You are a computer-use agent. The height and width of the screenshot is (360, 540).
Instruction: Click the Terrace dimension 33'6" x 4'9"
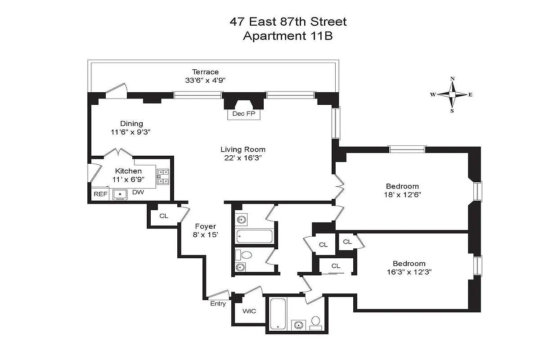(x=205, y=80)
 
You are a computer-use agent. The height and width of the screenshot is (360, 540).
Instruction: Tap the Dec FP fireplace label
(x=244, y=113)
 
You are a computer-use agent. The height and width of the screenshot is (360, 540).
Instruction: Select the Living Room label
(x=243, y=149)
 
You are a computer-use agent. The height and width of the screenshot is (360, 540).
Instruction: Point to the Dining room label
(x=131, y=124)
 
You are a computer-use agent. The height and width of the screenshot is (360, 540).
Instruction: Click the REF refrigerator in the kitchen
(x=100, y=194)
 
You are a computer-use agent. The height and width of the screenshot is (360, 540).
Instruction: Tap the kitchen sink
(x=120, y=194)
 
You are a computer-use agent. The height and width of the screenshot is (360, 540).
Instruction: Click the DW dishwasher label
(x=138, y=192)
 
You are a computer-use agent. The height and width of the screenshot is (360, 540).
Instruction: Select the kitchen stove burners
(x=163, y=177)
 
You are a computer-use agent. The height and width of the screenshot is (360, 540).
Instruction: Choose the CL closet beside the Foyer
(x=164, y=216)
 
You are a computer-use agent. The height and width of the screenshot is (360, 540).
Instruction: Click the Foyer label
(x=205, y=226)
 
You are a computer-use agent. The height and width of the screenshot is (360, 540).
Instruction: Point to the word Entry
(x=218, y=304)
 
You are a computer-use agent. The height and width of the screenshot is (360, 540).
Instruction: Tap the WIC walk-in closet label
(x=249, y=311)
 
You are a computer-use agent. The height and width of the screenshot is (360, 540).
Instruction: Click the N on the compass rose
(x=453, y=79)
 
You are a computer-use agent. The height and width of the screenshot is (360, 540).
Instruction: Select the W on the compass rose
(x=433, y=94)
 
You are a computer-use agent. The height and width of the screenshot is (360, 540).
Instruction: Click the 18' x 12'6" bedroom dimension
(x=402, y=194)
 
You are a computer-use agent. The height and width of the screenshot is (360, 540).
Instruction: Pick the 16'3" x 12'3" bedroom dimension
(x=409, y=272)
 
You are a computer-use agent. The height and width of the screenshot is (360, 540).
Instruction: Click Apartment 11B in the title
(x=288, y=36)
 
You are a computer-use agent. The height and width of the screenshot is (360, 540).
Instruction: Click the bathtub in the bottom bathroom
(x=278, y=314)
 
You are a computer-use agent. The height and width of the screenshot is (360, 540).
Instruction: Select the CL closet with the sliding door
(x=336, y=266)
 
